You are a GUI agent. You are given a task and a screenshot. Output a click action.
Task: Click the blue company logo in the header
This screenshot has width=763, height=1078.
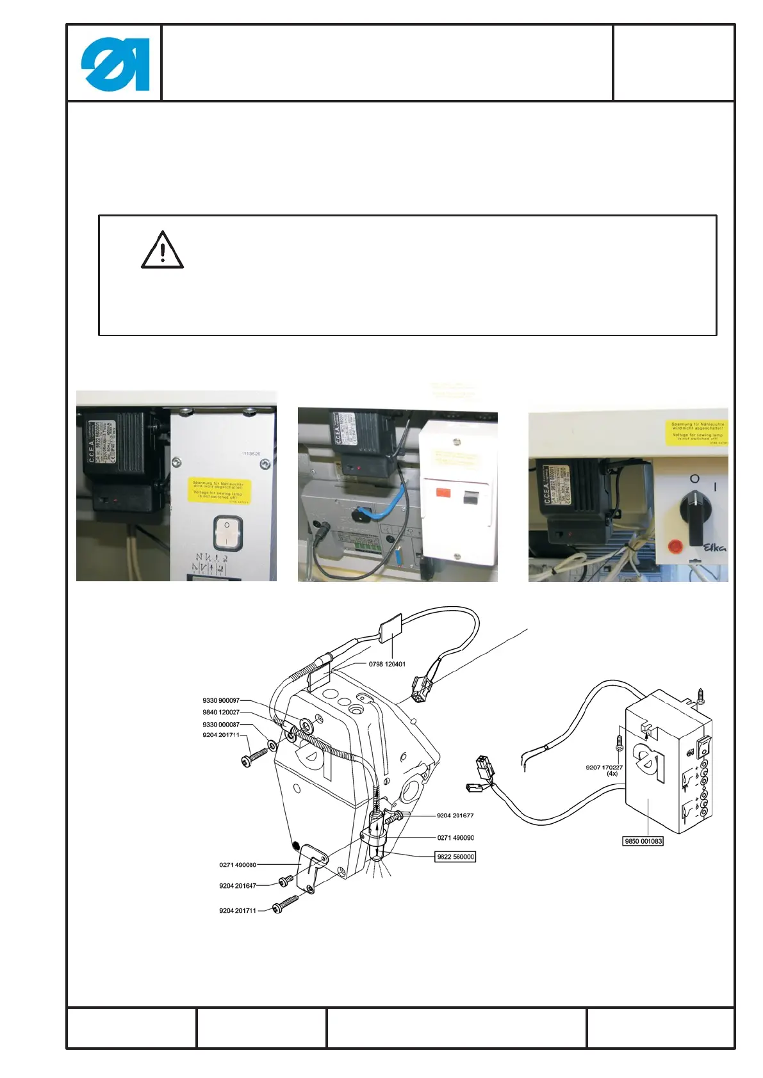115,64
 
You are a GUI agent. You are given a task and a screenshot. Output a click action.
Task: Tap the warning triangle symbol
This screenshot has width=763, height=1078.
163,250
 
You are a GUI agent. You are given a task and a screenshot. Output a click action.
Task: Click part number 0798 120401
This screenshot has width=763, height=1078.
387,664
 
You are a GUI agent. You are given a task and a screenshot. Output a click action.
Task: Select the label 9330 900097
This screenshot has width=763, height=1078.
221,700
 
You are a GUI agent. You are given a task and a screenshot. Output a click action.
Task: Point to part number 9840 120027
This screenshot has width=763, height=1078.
221,712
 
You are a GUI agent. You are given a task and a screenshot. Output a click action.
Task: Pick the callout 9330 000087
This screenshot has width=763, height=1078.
221,724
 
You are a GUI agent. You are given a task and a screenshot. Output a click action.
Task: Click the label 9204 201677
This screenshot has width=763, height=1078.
455,816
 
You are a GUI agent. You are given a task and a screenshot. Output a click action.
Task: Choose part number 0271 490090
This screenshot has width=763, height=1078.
455,837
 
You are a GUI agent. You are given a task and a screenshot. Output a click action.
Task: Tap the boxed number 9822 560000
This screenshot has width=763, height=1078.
455,857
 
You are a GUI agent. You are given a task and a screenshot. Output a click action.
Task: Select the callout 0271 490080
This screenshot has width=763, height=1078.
238,865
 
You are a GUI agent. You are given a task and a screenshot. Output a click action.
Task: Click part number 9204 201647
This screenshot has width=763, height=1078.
238,886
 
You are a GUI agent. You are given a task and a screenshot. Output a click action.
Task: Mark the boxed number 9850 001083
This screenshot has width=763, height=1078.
643,841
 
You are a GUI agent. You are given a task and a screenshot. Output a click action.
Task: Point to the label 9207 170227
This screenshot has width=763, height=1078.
604,767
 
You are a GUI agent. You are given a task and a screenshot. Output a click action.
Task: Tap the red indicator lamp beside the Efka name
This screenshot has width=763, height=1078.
675,546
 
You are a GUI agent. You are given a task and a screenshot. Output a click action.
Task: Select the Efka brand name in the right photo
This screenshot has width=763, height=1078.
715,547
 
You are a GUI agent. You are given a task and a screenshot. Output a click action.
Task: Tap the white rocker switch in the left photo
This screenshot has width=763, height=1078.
227,533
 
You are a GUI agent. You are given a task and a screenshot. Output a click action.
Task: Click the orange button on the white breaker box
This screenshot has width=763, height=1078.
443,494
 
